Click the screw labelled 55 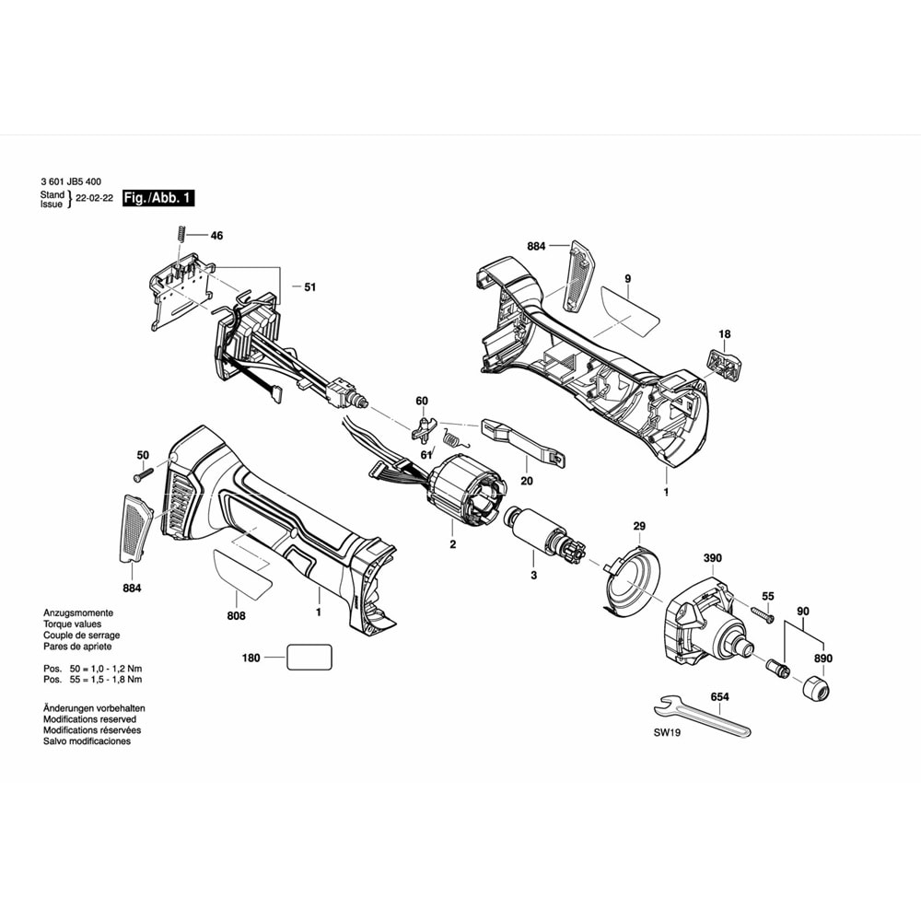tap(764, 612)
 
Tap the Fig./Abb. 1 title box tap(158, 198)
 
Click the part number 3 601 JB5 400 tap(73, 181)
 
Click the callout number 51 tap(309, 287)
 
